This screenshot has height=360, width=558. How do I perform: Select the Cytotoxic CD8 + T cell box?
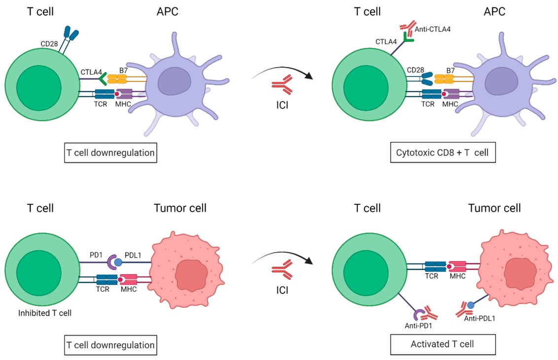coord(442,152)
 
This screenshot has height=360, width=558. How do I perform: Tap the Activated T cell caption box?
coord(442,344)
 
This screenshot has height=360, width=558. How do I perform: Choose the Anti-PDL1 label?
coord(480,319)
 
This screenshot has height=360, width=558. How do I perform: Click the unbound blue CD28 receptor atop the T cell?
coord(70,35)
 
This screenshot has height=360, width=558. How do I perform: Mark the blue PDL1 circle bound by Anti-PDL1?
coord(471,305)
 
